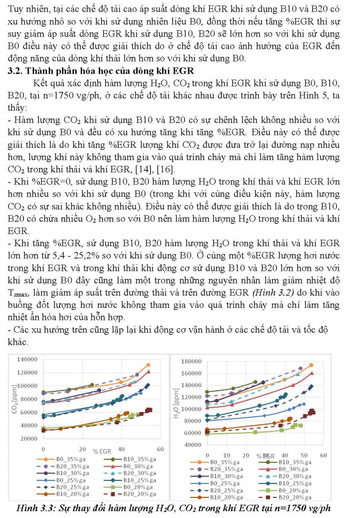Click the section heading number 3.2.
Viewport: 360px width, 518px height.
pyautogui.click(x=14, y=71)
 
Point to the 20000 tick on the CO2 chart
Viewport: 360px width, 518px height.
pyautogui.click(x=28, y=439)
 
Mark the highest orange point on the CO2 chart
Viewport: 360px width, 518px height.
pyautogui.click(x=148, y=365)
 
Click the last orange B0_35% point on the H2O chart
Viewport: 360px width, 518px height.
pyautogui.click(x=311, y=365)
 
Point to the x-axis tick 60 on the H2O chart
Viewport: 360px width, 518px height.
pyautogui.click(x=323, y=455)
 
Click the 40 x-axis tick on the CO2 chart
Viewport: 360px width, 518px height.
pyautogui.click(x=121, y=449)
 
